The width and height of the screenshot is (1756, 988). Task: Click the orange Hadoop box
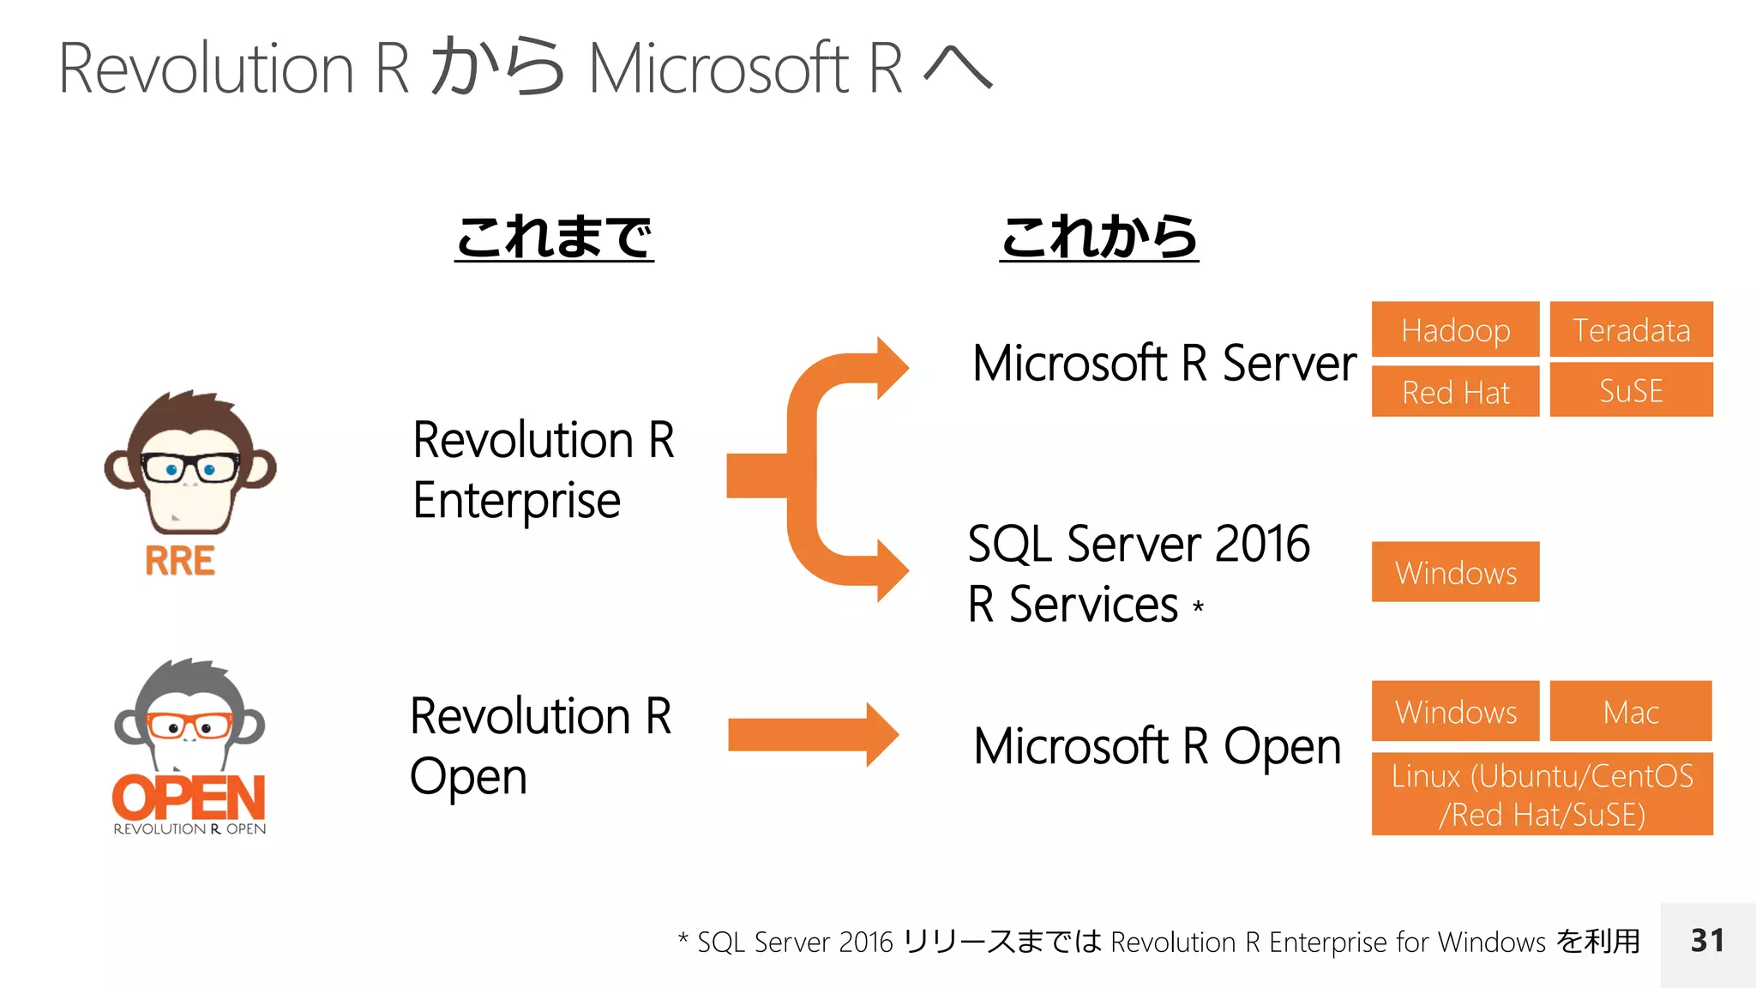(x=1455, y=329)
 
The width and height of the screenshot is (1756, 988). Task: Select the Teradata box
(x=1631, y=329)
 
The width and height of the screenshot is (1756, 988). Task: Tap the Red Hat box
(x=1455, y=392)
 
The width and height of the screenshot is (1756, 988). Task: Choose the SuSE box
(x=1631, y=390)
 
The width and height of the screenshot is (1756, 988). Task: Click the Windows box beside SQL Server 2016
(x=1455, y=572)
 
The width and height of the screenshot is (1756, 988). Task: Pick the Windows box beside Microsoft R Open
(x=1455, y=711)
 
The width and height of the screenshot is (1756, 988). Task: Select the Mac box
(x=1630, y=711)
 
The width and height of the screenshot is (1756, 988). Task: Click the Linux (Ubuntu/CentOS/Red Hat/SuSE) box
(x=1542, y=794)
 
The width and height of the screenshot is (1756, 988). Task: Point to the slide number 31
(x=1707, y=941)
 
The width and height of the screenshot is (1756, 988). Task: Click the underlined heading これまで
(x=554, y=237)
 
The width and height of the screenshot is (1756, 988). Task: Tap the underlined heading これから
(x=1098, y=237)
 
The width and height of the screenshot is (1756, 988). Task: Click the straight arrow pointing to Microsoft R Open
(x=810, y=735)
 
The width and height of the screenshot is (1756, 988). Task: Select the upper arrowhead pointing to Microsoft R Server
(x=890, y=368)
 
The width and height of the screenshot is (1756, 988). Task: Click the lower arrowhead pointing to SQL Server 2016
(x=890, y=570)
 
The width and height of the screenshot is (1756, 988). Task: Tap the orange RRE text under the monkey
(x=179, y=562)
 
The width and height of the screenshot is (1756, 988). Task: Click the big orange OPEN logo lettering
(x=189, y=798)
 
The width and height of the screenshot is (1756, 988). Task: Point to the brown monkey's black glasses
(x=189, y=468)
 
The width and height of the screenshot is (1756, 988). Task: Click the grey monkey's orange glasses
(x=189, y=726)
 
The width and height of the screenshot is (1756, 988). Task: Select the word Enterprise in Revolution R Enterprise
(x=516, y=501)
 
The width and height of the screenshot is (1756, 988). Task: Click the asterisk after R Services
(x=1198, y=606)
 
